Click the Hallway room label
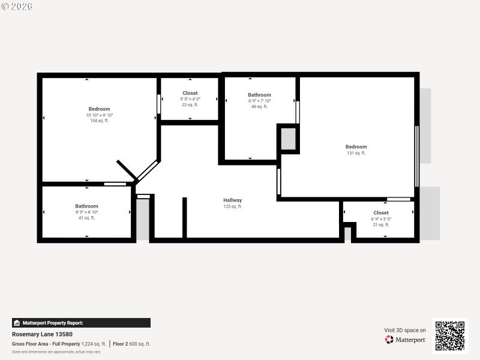click(233, 200)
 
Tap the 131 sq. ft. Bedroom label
click(356, 147)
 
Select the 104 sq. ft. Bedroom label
click(99, 109)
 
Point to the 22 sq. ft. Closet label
click(190, 94)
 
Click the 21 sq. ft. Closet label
click(381, 213)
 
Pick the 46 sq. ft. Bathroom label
click(259, 95)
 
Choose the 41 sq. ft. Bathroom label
click(86, 206)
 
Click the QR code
click(449, 336)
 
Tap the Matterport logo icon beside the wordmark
click(389, 340)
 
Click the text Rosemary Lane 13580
click(42, 334)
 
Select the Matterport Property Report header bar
click(81, 323)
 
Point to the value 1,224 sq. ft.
click(94, 344)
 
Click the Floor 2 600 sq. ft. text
click(131, 344)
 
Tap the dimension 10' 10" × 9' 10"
click(99, 115)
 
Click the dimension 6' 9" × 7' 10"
click(259, 101)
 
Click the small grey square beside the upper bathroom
click(289, 139)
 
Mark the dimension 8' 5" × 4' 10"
click(86, 212)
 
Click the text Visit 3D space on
click(405, 330)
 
